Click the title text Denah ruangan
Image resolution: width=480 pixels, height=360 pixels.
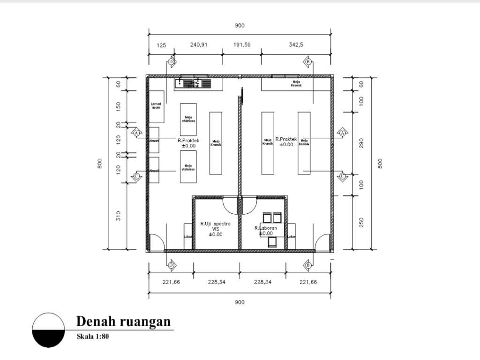tap(123, 322)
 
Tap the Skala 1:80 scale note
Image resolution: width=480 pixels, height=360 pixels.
tap(93, 336)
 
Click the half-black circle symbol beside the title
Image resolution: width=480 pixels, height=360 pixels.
tap(49, 330)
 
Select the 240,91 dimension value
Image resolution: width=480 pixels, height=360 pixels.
tap(199, 45)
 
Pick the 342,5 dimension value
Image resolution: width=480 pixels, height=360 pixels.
tap(297, 45)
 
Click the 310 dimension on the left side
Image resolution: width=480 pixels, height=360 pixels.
tap(118, 216)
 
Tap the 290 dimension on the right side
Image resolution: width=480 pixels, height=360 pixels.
tap(361, 143)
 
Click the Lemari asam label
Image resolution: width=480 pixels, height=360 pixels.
tap(156, 106)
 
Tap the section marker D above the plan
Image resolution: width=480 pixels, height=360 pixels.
tap(171, 62)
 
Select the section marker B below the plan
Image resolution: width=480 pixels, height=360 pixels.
tap(308, 265)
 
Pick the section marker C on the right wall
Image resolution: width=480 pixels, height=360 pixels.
tap(342, 176)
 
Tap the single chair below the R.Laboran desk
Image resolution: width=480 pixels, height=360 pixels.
tap(272, 242)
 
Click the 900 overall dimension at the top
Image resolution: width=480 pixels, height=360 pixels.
tap(240, 26)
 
